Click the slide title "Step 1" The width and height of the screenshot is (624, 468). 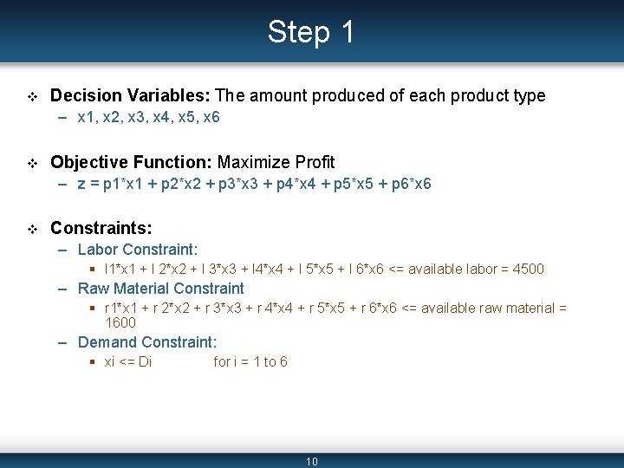(x=311, y=32)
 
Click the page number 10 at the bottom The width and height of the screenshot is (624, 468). (x=312, y=461)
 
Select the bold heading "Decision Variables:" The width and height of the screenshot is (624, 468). (x=130, y=95)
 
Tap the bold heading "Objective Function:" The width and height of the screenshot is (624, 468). (x=132, y=162)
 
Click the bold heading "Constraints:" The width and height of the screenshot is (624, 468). (x=101, y=228)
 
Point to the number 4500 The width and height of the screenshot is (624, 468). (x=529, y=269)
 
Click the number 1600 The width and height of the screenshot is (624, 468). (x=120, y=322)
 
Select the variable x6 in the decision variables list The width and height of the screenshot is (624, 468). (x=210, y=117)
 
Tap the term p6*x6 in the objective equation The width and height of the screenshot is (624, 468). (x=411, y=184)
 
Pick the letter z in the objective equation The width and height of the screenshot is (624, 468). (x=81, y=184)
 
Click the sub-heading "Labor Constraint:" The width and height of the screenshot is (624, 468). (x=138, y=250)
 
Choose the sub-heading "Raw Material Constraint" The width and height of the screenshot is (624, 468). (x=161, y=289)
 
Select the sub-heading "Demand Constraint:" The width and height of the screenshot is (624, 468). (x=147, y=342)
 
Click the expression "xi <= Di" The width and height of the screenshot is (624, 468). (x=128, y=361)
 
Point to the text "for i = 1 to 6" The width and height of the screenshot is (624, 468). (x=250, y=361)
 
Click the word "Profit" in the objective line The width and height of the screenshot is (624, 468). (x=315, y=162)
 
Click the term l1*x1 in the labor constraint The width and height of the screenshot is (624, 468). (x=123, y=269)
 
